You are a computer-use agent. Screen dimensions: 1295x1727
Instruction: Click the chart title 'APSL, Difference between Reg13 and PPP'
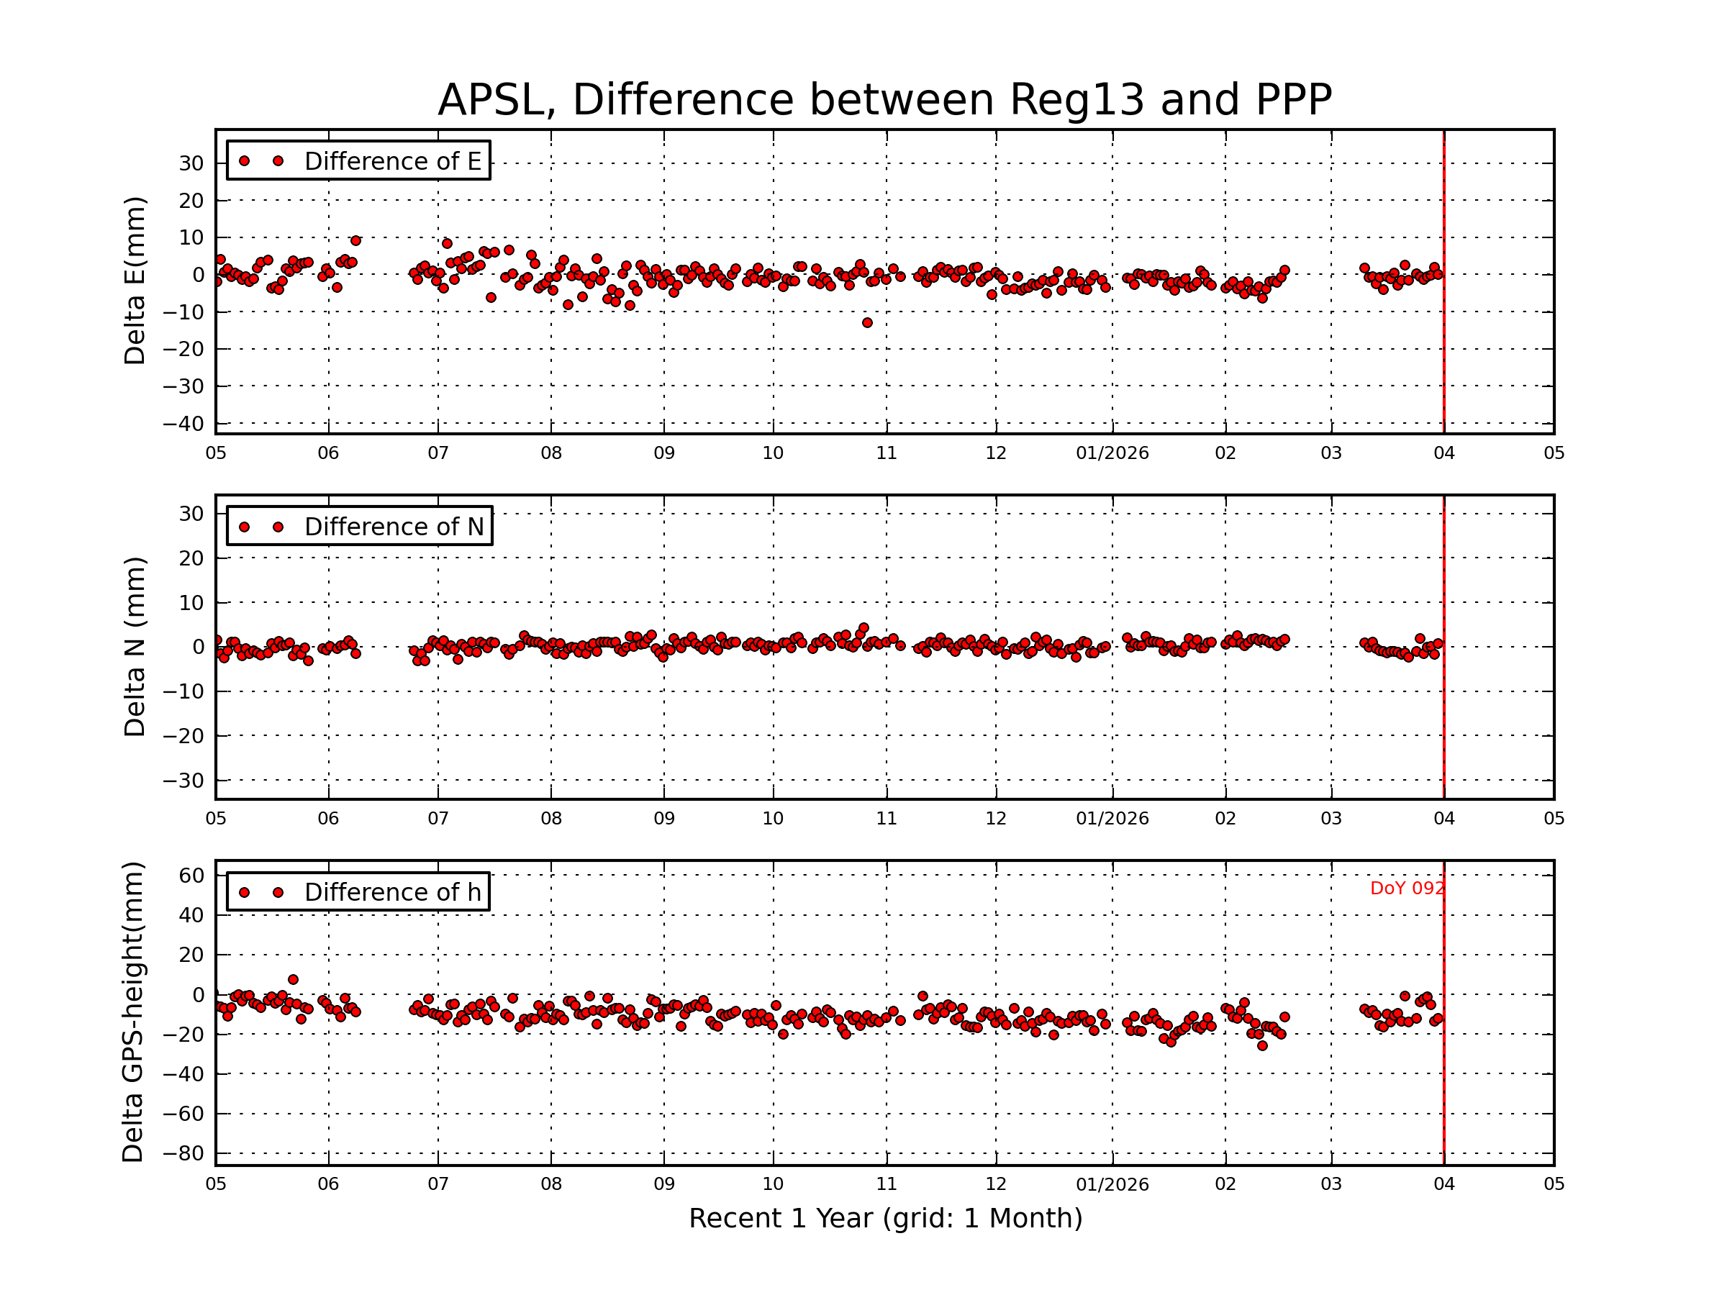coord(884,100)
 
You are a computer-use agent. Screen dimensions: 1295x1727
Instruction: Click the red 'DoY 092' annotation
coord(1406,889)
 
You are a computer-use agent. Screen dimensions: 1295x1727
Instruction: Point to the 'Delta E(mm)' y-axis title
coord(135,281)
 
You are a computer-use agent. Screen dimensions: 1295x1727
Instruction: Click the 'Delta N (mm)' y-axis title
coord(135,646)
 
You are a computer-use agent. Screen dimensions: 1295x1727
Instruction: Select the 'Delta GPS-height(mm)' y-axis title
coord(134,1012)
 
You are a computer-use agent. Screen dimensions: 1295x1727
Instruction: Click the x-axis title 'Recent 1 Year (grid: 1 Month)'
coord(885,1219)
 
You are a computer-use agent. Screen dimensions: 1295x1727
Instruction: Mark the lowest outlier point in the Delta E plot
coord(866,322)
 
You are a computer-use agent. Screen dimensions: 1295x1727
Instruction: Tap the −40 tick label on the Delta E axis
coord(183,424)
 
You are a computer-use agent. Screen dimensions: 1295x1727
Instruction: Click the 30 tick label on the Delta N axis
coord(191,514)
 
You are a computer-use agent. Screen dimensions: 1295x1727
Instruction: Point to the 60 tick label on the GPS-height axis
coord(191,876)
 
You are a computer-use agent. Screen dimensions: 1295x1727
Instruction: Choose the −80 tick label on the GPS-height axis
coord(183,1154)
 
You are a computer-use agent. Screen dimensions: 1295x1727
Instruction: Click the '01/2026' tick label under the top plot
coord(1112,453)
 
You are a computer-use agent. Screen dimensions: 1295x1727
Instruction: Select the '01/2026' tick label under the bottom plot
coord(1112,1184)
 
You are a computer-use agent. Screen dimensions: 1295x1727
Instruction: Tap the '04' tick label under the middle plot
coord(1443,819)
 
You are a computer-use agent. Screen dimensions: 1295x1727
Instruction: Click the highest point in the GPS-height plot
coord(293,980)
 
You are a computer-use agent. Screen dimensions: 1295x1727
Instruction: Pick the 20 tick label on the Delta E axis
coord(191,201)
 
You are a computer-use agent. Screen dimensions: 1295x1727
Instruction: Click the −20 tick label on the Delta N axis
coord(183,736)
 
